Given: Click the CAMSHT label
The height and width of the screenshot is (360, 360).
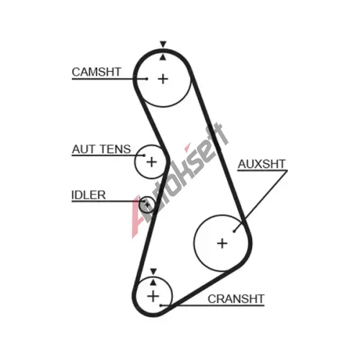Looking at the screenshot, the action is [96, 72].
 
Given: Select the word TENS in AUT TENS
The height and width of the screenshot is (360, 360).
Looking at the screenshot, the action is [115, 149].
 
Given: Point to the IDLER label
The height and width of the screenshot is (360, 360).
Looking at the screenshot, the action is [89, 195].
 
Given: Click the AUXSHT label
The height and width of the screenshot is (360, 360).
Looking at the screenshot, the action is [261, 164].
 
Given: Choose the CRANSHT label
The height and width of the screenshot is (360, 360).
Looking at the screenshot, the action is [236, 299].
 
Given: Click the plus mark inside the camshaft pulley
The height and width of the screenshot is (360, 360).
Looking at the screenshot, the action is [163, 78].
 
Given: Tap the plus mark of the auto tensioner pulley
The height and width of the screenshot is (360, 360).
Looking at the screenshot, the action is [151, 162].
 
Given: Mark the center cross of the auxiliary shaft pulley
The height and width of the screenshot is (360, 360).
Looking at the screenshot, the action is [222, 243].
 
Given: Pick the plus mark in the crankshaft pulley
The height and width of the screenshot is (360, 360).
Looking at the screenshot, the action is [153, 296].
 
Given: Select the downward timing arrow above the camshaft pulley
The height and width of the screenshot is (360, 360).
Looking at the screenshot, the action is [163, 44].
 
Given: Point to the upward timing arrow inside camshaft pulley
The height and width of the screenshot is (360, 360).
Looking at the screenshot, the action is [163, 57].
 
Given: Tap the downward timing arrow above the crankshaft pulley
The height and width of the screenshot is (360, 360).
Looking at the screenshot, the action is [153, 271].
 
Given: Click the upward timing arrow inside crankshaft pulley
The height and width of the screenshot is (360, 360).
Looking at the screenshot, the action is [153, 282].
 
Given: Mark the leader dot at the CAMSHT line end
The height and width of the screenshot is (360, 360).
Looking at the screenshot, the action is [147, 78].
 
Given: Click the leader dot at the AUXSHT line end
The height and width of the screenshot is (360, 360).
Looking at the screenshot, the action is [234, 231].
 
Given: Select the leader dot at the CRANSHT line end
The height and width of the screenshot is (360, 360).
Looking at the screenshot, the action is [161, 305].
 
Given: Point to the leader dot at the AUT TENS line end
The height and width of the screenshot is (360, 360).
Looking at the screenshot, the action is [144, 156].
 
